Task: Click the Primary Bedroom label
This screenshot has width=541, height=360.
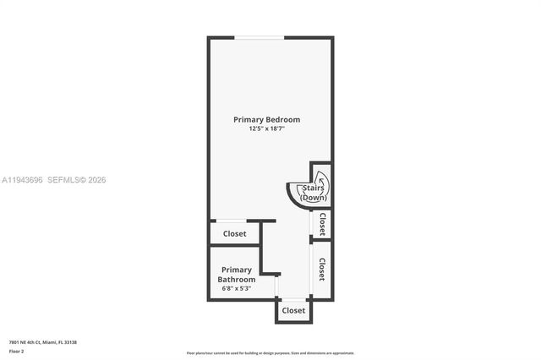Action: [x=266, y=120]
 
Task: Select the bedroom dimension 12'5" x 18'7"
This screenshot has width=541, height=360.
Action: [x=266, y=129]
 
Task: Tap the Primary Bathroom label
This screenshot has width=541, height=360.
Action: [x=237, y=275]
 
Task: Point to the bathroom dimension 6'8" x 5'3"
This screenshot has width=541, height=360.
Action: [x=237, y=288]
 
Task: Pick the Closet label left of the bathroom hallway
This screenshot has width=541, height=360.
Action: [x=234, y=234]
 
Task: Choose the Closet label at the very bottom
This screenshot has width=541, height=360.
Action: [x=293, y=311]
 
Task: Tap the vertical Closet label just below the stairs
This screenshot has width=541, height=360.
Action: [x=322, y=224]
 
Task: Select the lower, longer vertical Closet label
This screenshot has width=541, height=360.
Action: [x=322, y=269]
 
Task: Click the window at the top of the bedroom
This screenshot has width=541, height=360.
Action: [x=259, y=37]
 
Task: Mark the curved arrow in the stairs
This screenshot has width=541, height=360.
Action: [x=321, y=181]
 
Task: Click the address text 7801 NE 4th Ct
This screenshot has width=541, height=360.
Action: [x=30, y=342]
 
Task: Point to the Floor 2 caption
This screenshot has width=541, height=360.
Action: [x=17, y=351]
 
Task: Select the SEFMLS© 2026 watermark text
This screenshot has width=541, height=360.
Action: [x=77, y=180]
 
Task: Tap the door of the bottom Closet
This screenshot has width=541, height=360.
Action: [x=293, y=299]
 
